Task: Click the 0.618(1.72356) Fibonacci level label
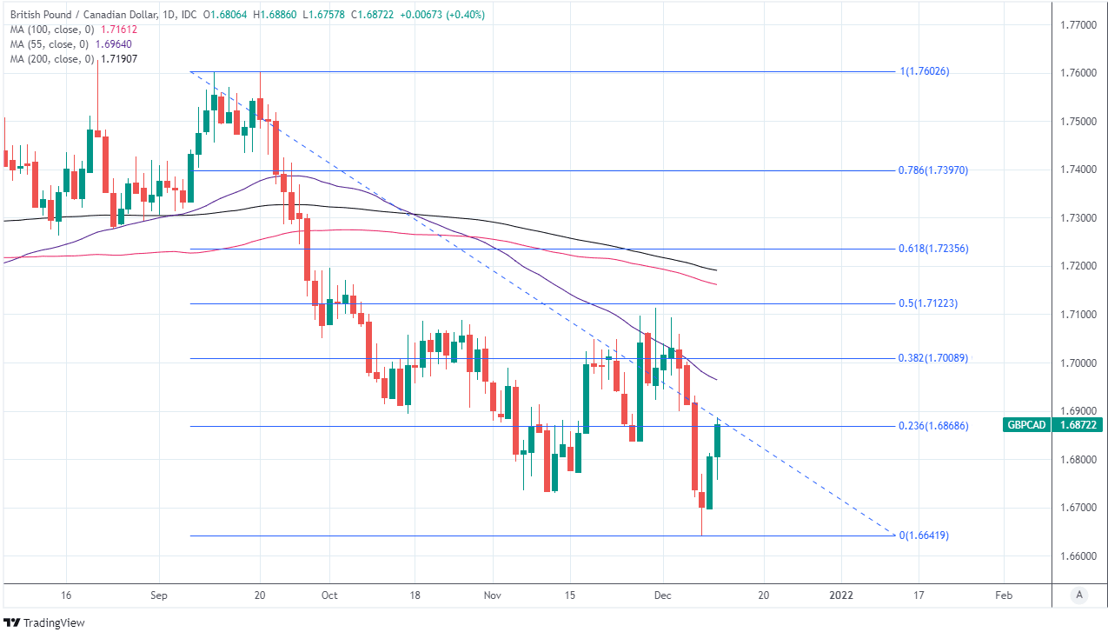[933, 249]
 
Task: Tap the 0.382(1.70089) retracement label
[933, 358]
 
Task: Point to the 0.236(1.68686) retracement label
[933, 426]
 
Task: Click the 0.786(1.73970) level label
[933, 170]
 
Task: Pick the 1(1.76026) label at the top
[925, 71]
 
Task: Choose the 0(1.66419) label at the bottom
[925, 536]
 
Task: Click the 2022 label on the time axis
[842, 595]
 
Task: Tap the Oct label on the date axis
[329, 595]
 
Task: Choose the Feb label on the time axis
[1003, 595]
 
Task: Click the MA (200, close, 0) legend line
[73, 59]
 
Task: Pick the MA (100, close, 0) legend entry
[73, 30]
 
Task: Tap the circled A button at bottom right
[1078, 595]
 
